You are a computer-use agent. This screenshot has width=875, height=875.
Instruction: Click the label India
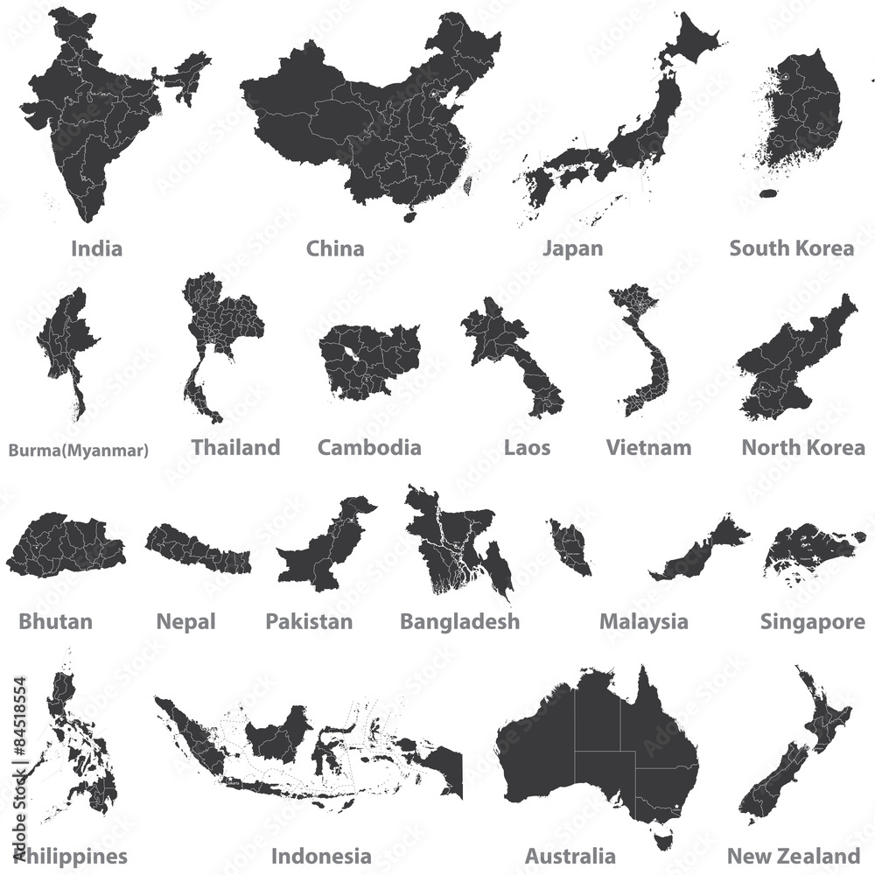(x=96, y=248)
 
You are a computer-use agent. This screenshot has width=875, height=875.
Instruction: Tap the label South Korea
(x=791, y=248)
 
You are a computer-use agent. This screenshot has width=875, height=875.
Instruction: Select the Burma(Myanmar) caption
(x=79, y=451)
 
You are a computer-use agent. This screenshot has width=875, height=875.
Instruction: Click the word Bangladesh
(x=459, y=622)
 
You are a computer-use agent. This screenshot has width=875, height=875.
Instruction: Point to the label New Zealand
(x=794, y=856)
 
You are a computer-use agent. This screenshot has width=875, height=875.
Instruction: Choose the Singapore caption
(x=813, y=622)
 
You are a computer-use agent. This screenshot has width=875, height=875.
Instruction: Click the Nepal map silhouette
(x=196, y=548)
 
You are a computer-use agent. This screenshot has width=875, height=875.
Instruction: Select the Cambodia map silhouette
(x=367, y=359)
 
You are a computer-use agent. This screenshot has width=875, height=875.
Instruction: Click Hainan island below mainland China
(x=409, y=212)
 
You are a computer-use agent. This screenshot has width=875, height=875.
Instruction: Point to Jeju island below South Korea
(x=769, y=193)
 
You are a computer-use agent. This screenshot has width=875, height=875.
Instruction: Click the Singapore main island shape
(x=814, y=546)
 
